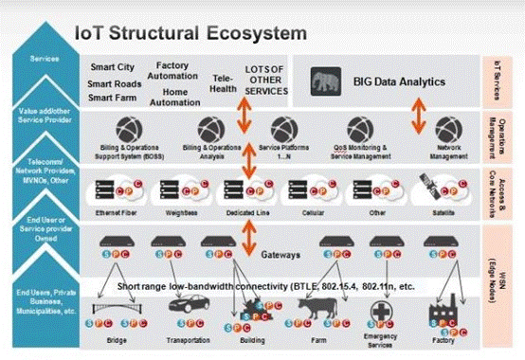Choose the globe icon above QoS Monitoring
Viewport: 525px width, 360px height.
(357, 128)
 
